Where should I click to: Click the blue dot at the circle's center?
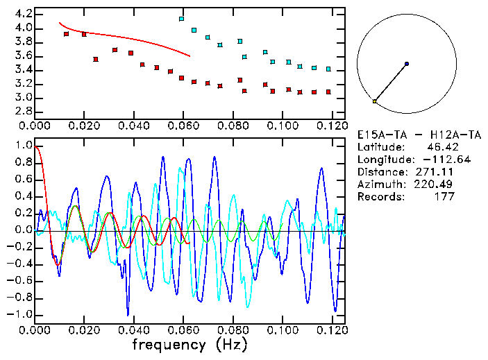pyautogui.click(x=406, y=64)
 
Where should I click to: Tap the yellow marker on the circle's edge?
pyautogui.click(x=375, y=101)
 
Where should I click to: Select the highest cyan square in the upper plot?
pyautogui.click(x=182, y=19)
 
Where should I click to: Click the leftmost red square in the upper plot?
pyautogui.click(x=67, y=34)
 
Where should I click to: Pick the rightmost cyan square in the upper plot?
pyautogui.click(x=328, y=69)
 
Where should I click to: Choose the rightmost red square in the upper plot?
pyautogui.click(x=328, y=92)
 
